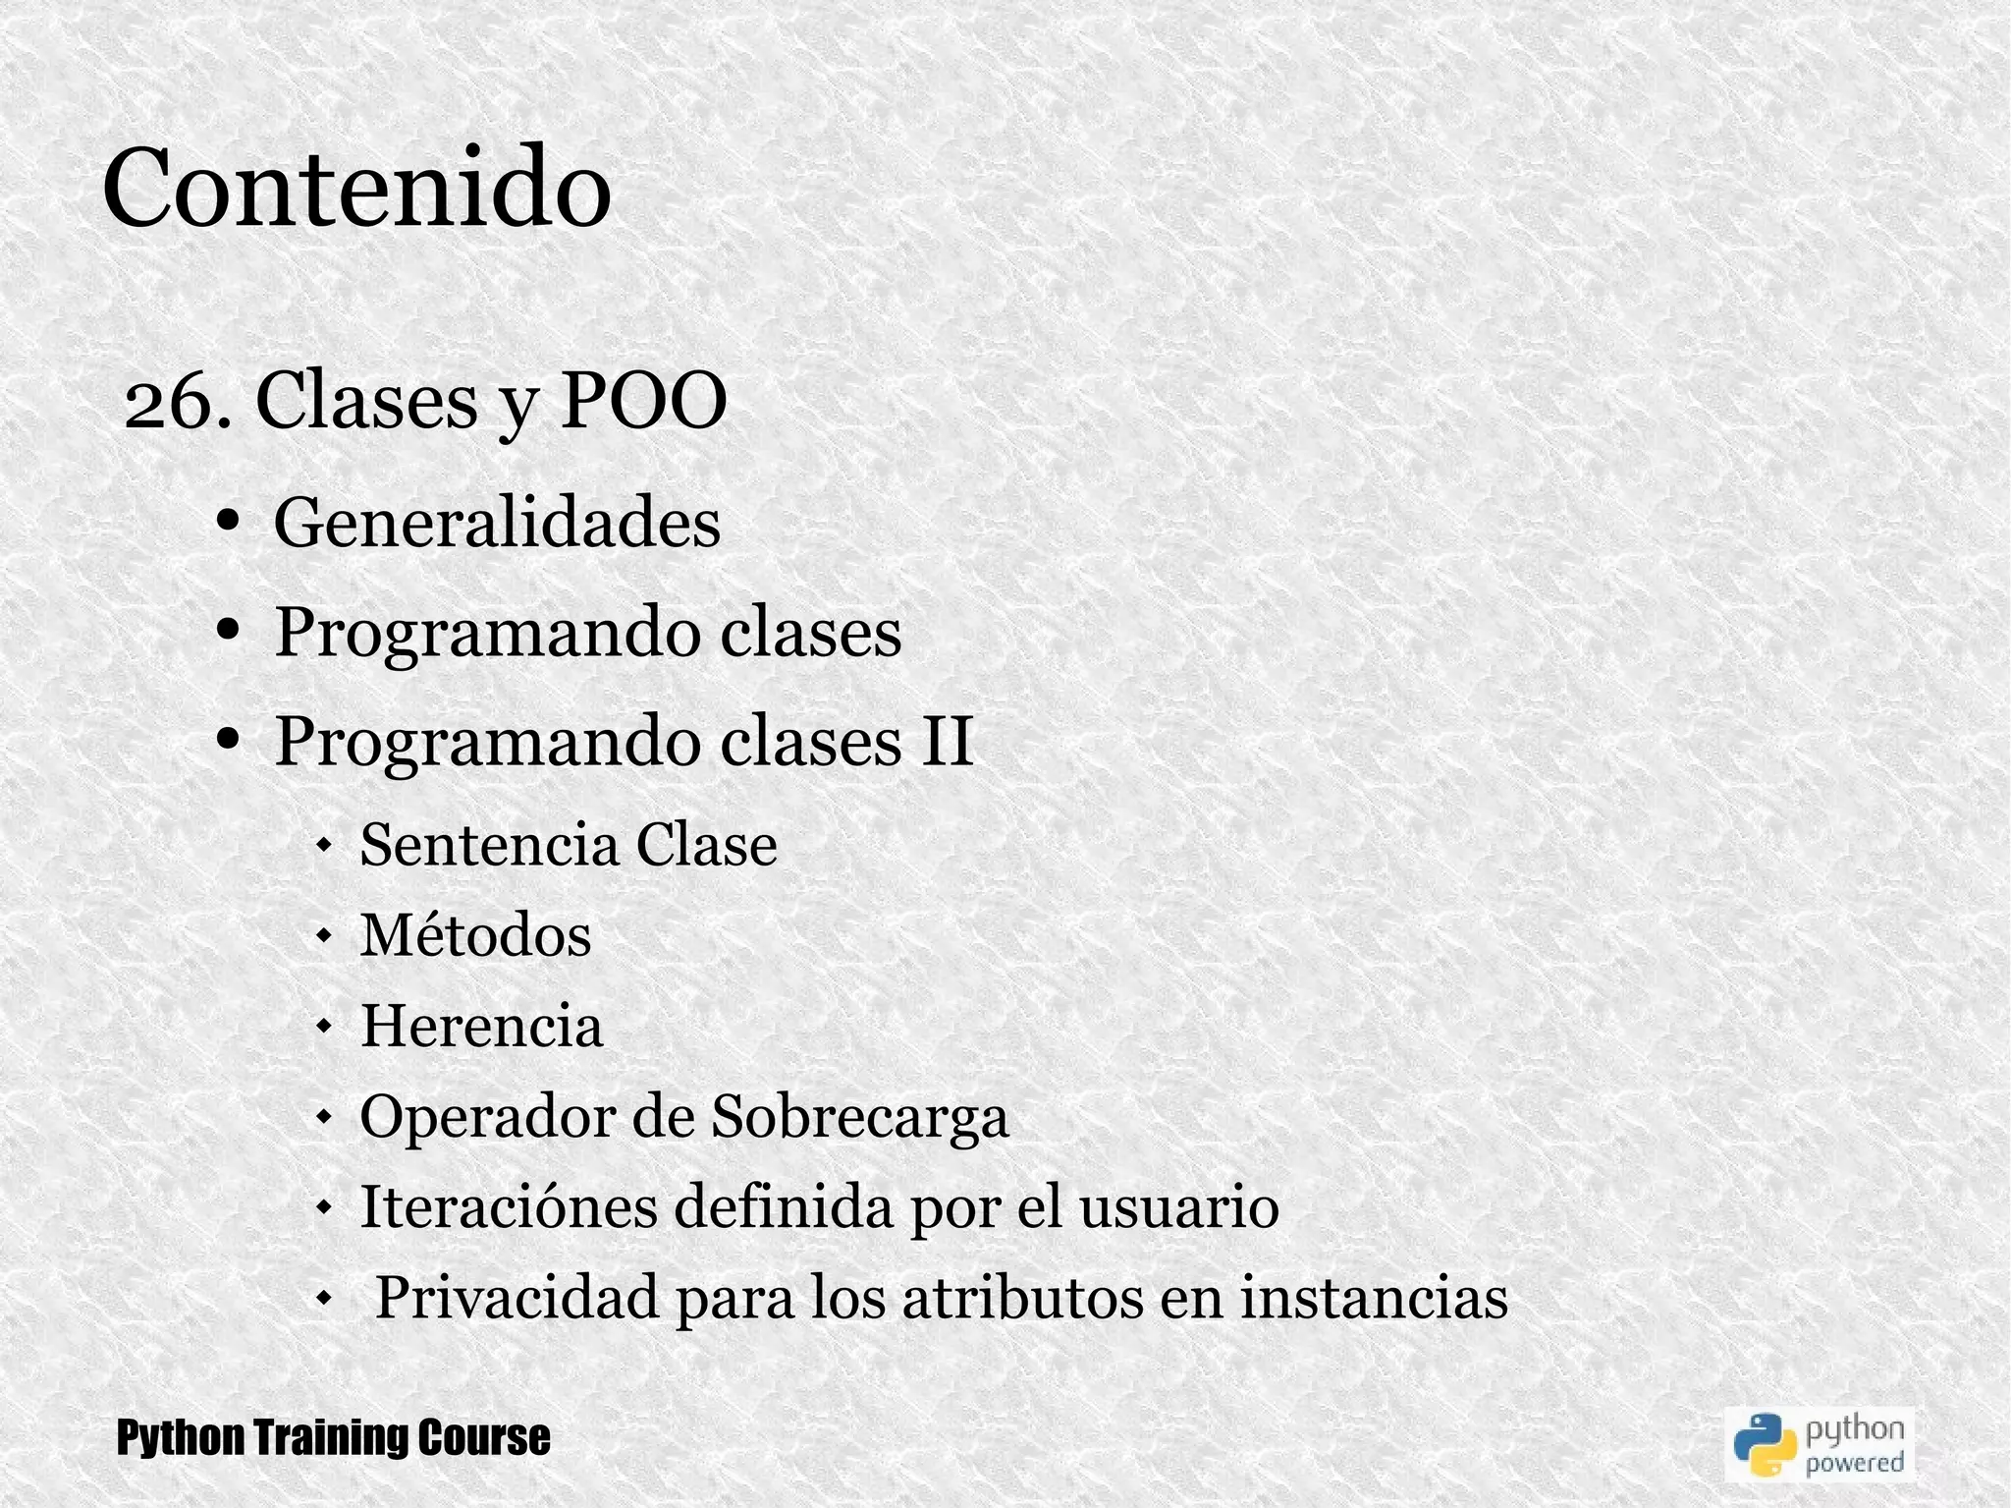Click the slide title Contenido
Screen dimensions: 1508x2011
pyautogui.click(x=356, y=187)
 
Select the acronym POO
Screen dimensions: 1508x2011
pyautogui.click(x=643, y=402)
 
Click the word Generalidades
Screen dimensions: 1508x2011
pyautogui.click(x=497, y=523)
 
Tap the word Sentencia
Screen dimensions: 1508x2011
pyautogui.click(x=489, y=844)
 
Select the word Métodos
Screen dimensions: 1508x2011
pyautogui.click(x=476, y=934)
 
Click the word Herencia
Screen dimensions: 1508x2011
pyautogui.click(x=482, y=1026)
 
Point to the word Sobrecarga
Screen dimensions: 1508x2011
pyautogui.click(x=859, y=1117)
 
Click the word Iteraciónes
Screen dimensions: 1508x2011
pyautogui.click(x=509, y=1206)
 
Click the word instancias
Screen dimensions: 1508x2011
pyautogui.click(x=1373, y=1298)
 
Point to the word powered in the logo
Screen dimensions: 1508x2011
pyautogui.click(x=1854, y=1464)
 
